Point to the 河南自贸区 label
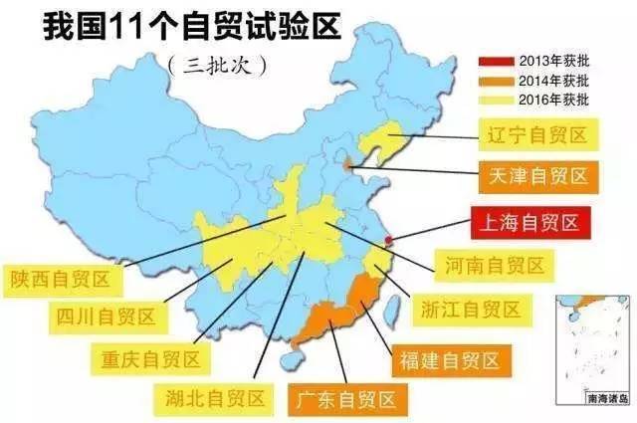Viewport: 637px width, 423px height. coord(493,265)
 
